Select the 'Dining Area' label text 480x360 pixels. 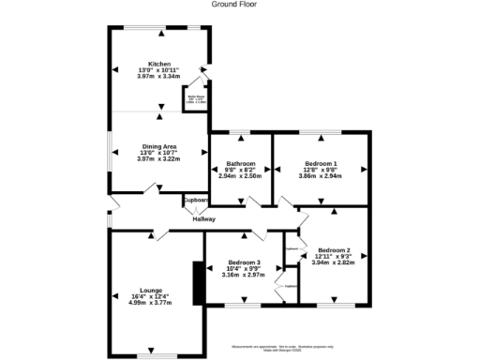[x=157, y=145]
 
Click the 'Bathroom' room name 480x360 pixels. [x=239, y=162]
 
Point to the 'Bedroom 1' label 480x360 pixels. [x=321, y=162]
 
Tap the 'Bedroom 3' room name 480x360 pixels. [x=244, y=262]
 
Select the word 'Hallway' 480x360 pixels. [x=203, y=219]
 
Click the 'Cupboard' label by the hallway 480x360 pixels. [x=195, y=200]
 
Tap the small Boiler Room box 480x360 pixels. [x=194, y=97]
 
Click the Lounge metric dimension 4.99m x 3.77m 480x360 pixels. [x=156, y=303]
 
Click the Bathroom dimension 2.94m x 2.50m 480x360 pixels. [x=239, y=175]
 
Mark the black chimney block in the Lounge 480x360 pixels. [x=198, y=282]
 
